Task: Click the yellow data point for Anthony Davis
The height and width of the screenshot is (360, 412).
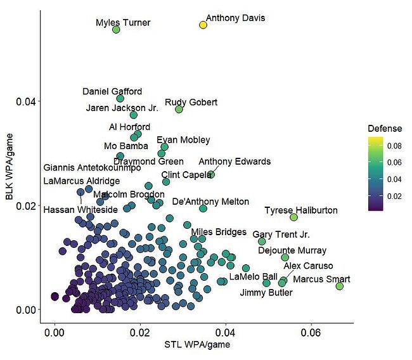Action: [203, 25]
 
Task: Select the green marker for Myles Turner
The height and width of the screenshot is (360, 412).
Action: [116, 30]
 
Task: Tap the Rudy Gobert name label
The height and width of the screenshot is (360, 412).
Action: [191, 102]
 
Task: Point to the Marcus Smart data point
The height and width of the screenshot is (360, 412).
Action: [339, 286]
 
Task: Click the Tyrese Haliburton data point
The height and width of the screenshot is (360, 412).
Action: [293, 217]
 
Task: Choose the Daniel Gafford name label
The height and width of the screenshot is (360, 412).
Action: [112, 91]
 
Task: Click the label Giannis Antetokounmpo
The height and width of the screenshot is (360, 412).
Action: [92, 168]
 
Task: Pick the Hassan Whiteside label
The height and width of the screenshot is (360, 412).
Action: [80, 209]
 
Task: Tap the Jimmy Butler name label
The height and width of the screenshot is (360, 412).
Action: [266, 293]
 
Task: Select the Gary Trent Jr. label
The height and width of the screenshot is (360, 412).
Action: [281, 235]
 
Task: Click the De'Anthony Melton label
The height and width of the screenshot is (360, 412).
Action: [210, 202]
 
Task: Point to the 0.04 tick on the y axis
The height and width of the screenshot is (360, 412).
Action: [32, 101]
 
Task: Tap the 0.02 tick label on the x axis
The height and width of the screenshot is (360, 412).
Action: [140, 333]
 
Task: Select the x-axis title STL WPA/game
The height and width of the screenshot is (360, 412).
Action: [197, 345]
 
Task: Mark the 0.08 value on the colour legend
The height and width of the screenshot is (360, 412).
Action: [395, 146]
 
